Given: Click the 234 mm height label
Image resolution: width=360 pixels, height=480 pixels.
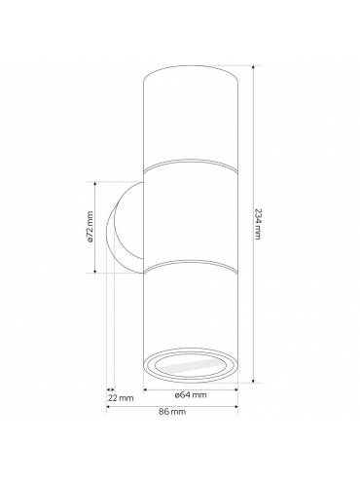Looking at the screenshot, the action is pos(258,224).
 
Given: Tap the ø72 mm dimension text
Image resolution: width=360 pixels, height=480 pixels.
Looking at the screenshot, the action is pos(90,227).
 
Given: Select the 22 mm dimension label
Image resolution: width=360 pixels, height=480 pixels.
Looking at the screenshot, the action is pos(121,398).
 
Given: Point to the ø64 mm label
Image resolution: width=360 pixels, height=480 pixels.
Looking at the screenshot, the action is pos(191,395).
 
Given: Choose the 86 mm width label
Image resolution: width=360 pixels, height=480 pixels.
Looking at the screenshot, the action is pos(172,412).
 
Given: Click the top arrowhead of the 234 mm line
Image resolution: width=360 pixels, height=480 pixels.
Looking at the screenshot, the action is pos(253,67).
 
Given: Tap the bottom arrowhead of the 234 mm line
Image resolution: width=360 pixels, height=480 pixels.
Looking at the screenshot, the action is pos(253,381).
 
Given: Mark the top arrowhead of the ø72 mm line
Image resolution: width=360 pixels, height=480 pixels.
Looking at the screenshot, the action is pos(95,184).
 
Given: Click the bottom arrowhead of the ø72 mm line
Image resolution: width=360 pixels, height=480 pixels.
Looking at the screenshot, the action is pos(95,271).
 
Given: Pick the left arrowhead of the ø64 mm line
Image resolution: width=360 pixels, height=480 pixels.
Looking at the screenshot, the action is pos(146,389).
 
